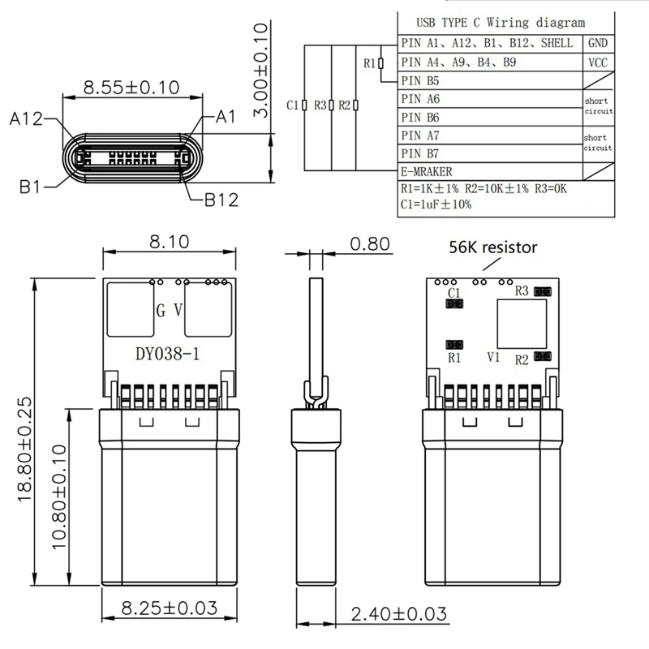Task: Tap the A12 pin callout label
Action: tap(27, 119)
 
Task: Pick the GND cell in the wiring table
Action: tap(598, 43)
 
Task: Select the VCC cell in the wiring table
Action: tap(598, 62)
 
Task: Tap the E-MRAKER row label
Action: tap(427, 172)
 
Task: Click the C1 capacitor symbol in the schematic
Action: tap(303, 105)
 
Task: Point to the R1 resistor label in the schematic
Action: tap(369, 62)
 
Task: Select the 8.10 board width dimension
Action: tap(170, 241)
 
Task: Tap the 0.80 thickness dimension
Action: tap(369, 243)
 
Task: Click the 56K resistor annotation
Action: tap(492, 247)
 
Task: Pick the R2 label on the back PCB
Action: tap(522, 358)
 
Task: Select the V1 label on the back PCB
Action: tap(492, 357)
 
